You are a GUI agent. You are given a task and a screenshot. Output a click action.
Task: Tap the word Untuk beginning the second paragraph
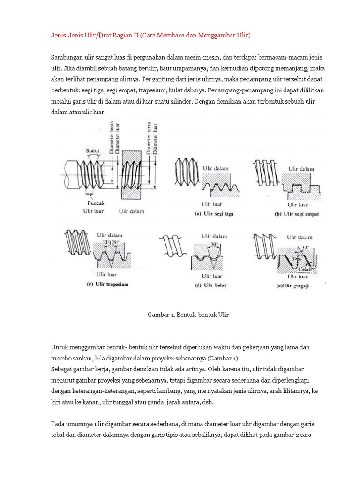coord(59,347)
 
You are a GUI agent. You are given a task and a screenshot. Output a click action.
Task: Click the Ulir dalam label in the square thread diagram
coord(301,168)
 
